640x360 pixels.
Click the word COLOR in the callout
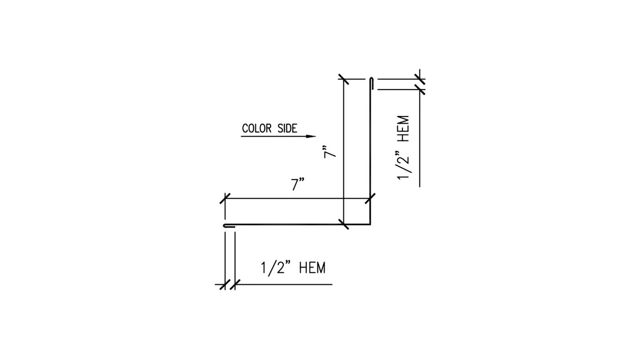point(256,128)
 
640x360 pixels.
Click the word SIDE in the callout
point(287,128)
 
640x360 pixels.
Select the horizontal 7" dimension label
point(298,185)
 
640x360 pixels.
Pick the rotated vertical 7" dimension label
point(329,152)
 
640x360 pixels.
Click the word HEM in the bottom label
point(312,268)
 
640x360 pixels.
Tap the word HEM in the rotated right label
point(404,128)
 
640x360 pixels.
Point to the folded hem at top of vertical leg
point(371,83)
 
